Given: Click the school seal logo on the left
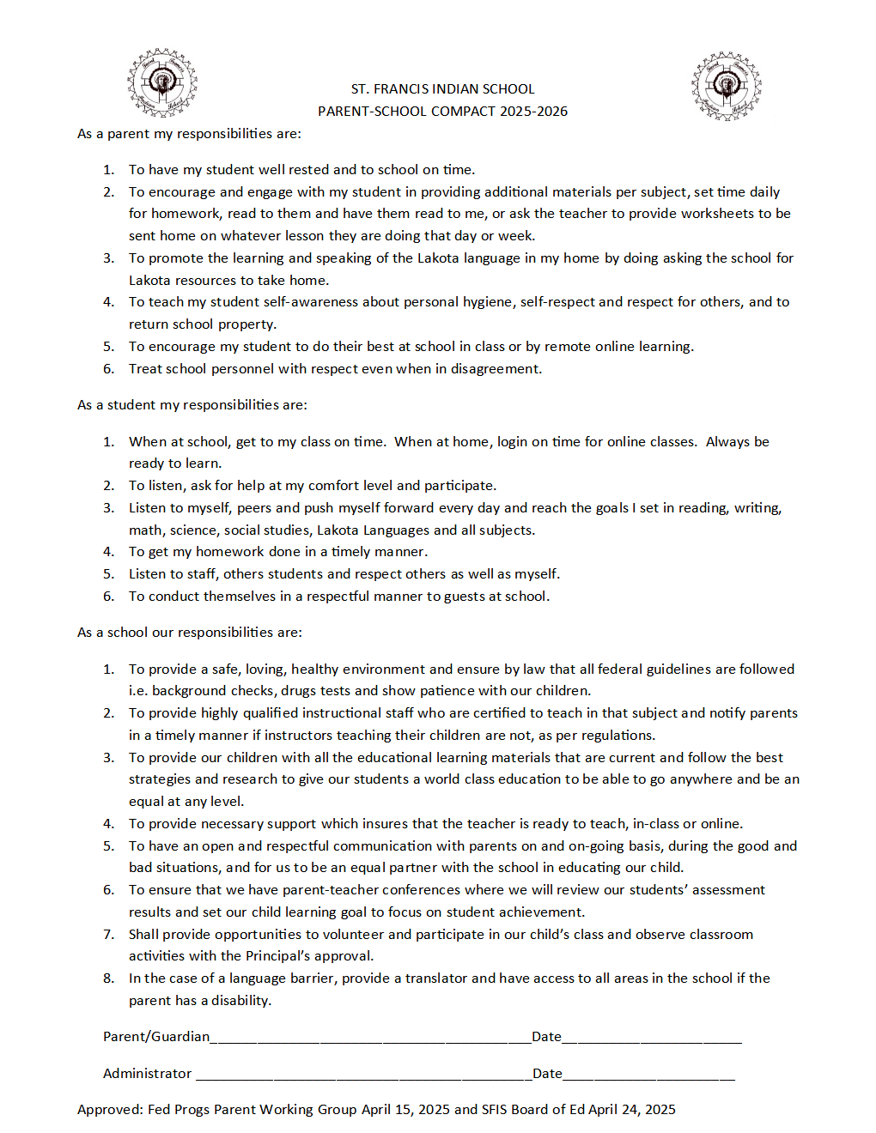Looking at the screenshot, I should tap(161, 82).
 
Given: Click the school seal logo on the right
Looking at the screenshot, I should tap(726, 87).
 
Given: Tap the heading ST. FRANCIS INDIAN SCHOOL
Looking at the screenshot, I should tap(442, 89).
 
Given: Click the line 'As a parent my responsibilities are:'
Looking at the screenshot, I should tap(189, 134).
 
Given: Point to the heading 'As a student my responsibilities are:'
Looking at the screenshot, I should tap(192, 405).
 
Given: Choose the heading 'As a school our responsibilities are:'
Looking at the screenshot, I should tap(189, 633).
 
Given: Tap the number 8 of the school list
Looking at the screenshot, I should tap(108, 978).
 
